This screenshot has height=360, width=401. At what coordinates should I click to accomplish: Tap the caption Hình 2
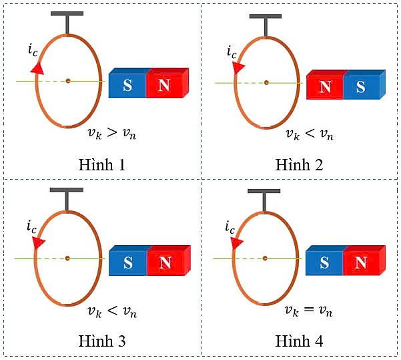coord(300,165)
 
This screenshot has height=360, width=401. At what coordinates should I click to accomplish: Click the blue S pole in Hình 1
coord(127,85)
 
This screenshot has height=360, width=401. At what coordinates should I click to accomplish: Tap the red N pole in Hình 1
coord(165,85)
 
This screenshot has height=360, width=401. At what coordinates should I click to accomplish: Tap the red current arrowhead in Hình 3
coord(38,242)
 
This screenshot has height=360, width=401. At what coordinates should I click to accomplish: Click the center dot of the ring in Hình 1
coord(67,81)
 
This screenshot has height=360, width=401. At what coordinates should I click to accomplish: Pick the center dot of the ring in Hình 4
coord(265,257)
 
